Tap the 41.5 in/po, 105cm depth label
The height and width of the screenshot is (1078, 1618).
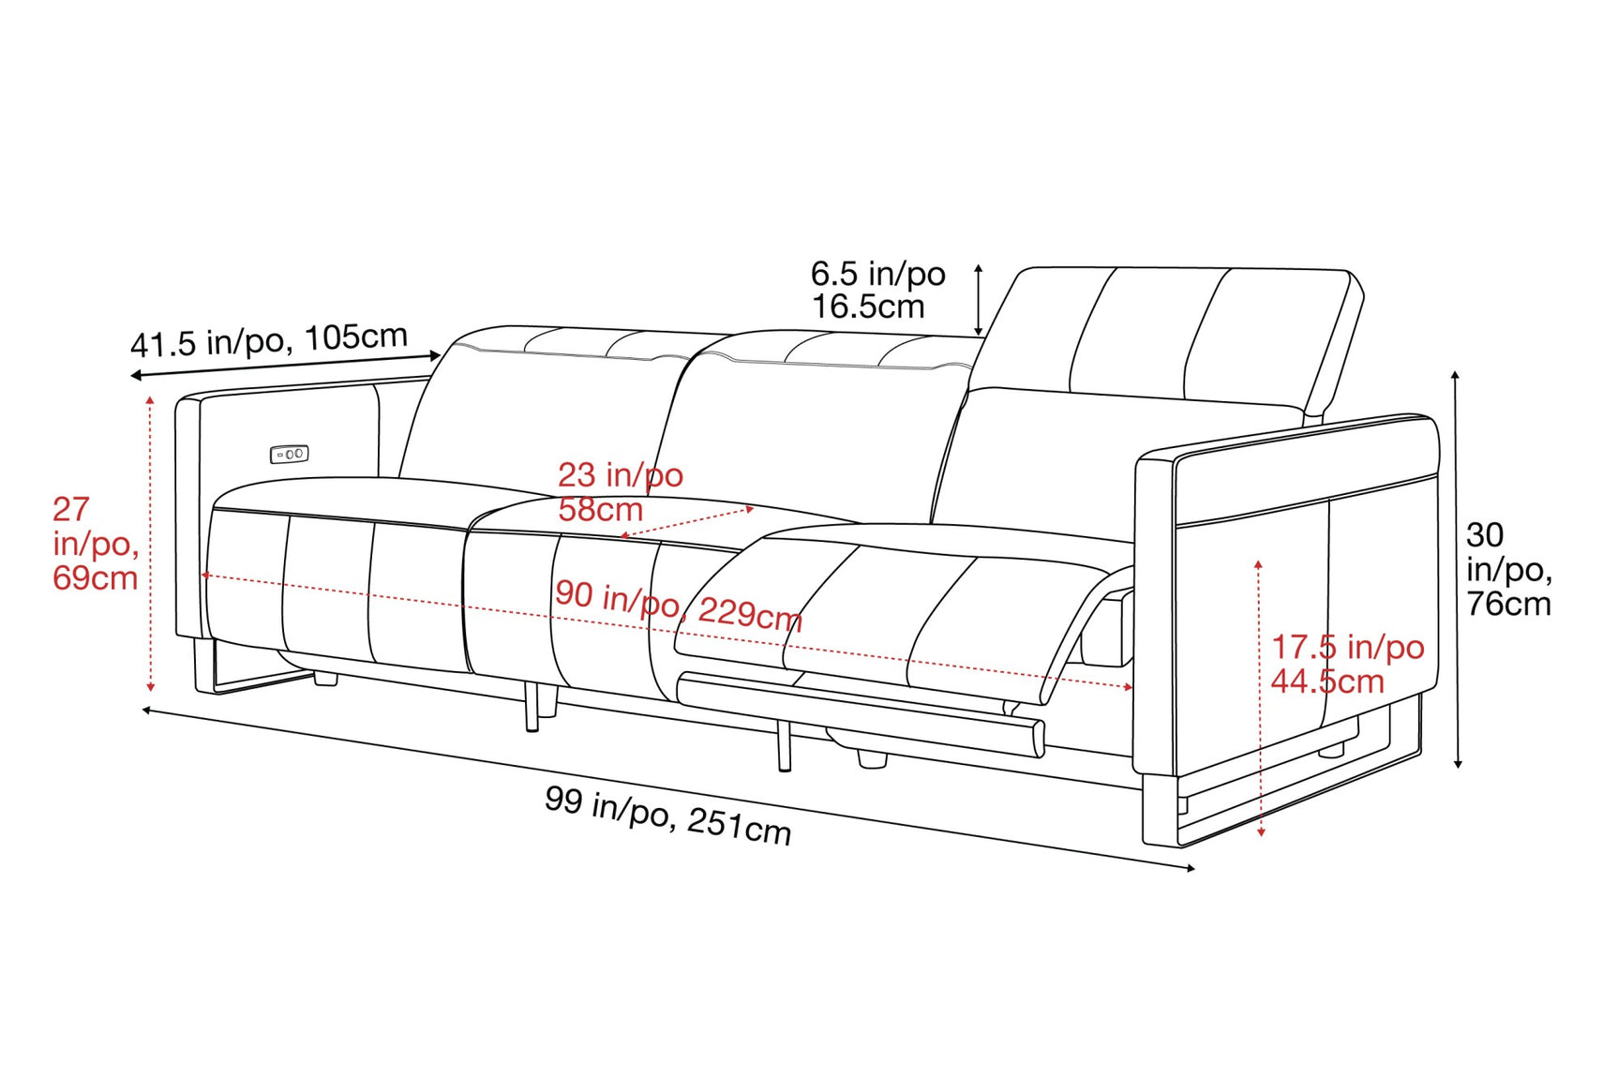[269, 340]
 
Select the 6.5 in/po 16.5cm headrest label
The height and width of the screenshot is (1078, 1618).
[877, 290]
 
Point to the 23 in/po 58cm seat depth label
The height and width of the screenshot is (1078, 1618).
[620, 492]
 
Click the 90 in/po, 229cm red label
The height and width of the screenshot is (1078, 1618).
[678, 605]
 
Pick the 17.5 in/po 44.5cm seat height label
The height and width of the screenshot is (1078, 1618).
[1346, 664]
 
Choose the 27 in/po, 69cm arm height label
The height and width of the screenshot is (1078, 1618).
[95, 544]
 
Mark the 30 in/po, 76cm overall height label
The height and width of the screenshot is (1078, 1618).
[1507, 569]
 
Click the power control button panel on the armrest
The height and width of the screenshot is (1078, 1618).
[289, 455]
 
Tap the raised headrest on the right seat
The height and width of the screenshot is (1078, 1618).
[1181, 337]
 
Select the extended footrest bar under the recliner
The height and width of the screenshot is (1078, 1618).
[861, 712]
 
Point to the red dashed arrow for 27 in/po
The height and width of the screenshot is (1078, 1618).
[150, 544]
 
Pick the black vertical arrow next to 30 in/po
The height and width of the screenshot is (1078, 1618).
[1456, 569]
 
